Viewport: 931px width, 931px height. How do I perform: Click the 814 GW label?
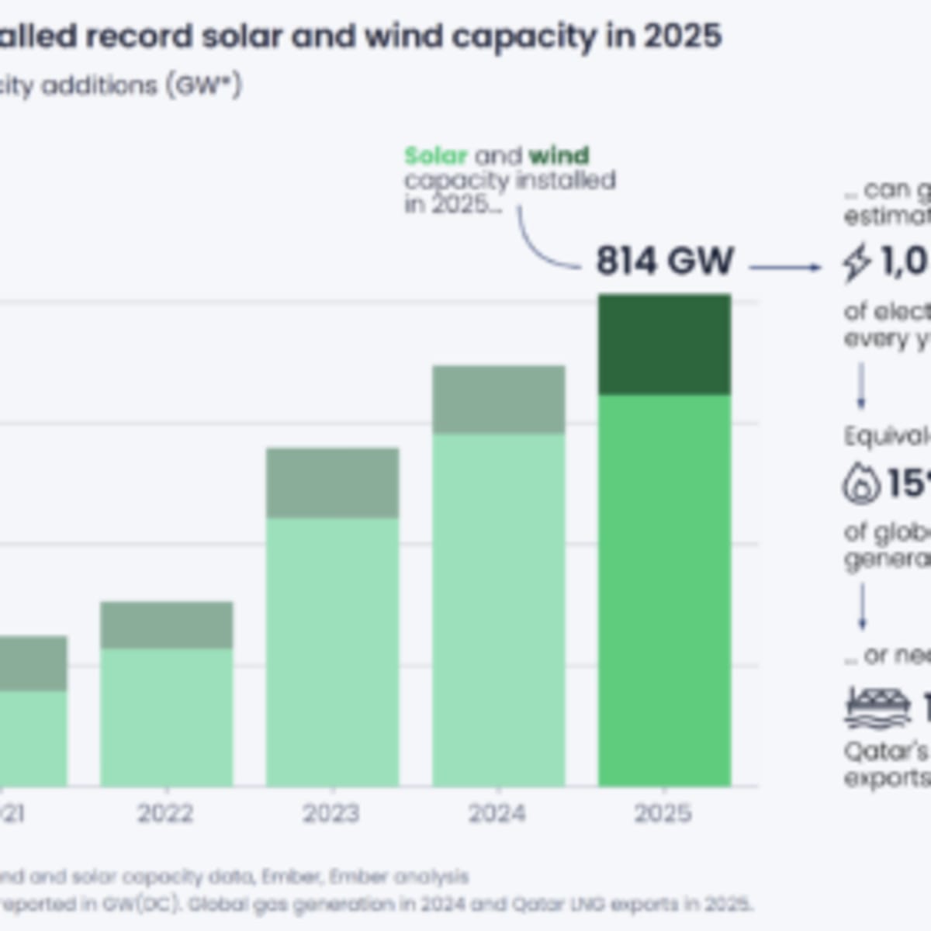click(x=664, y=261)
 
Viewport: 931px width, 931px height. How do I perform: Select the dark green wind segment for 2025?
click(x=664, y=344)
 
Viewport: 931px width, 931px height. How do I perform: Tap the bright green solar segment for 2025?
click(x=664, y=590)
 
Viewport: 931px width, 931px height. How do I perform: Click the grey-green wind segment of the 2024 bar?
click(x=498, y=400)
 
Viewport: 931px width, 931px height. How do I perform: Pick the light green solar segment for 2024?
click(x=498, y=609)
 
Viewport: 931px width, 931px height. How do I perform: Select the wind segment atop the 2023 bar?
click(x=332, y=483)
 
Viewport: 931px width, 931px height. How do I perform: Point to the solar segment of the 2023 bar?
click(x=332, y=652)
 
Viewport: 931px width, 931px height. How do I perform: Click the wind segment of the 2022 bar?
click(x=166, y=625)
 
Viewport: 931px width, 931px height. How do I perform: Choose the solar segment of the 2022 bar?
click(x=166, y=717)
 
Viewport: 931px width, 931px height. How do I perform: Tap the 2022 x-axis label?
click(x=165, y=813)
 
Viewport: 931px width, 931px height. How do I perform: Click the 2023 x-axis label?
click(x=331, y=813)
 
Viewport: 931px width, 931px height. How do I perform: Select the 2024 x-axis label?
click(x=497, y=813)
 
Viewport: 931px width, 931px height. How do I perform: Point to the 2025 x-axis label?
click(x=663, y=813)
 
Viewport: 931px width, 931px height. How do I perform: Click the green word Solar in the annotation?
click(x=435, y=156)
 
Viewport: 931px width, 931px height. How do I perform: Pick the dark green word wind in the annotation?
click(x=559, y=156)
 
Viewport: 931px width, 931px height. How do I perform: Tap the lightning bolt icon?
click(x=857, y=262)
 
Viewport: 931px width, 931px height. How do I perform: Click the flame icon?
click(x=860, y=483)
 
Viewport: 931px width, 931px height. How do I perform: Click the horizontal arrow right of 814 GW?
click(x=785, y=268)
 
